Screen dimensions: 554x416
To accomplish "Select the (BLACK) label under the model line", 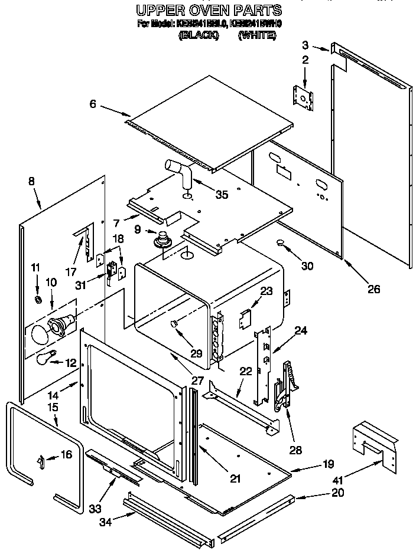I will [199, 35].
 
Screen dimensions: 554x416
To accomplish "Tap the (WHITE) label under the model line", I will [257, 35].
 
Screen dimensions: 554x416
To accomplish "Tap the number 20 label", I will [337, 493].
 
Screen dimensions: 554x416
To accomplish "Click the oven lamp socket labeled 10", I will [61, 322].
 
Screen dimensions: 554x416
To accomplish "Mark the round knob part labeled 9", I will [160, 239].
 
